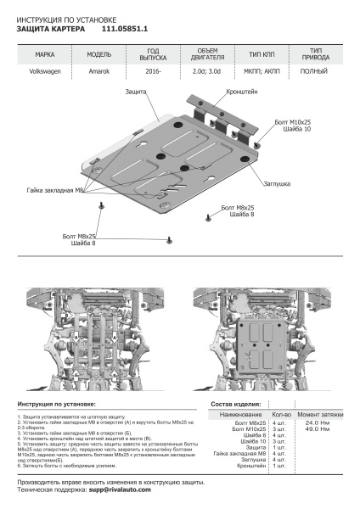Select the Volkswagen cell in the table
tap(45, 73)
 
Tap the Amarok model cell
tap(98, 73)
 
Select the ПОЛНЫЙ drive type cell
tap(315, 73)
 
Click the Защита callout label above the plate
tap(136, 90)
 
